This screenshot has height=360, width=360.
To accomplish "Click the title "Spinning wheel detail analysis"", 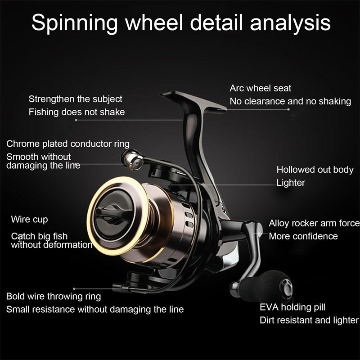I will pyautogui.click(x=180, y=23).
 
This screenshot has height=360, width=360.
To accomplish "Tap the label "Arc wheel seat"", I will pyautogui.click(x=261, y=88).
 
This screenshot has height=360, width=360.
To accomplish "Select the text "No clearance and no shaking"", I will pyautogui.click(x=290, y=101).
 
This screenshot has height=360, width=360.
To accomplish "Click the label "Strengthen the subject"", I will pyautogui.click(x=75, y=99).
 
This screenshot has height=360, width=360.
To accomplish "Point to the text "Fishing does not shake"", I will pyautogui.click(x=76, y=112).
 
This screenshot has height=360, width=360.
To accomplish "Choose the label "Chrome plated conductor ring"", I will pyautogui.click(x=68, y=144).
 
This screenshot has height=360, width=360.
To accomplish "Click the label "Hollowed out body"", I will pyautogui.click(x=315, y=170).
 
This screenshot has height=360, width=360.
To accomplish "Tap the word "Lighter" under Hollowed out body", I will pyautogui.click(x=291, y=183).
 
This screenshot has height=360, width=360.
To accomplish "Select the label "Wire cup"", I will pyautogui.click(x=29, y=220).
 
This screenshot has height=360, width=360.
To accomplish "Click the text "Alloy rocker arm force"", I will pyautogui.click(x=314, y=223).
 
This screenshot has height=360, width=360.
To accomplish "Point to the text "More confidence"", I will pyautogui.click(x=303, y=236).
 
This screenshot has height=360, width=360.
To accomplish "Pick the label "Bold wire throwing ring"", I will pyautogui.click(x=54, y=297).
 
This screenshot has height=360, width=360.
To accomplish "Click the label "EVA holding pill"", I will pyautogui.click(x=292, y=308).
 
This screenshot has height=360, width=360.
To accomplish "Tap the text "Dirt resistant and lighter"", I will pyautogui.click(x=309, y=320).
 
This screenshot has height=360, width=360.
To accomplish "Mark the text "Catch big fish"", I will pyautogui.click(x=40, y=236).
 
